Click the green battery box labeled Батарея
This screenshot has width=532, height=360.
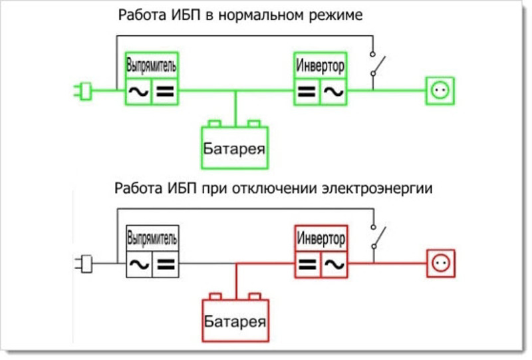click(x=235, y=146)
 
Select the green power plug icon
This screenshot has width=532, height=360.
click(x=82, y=91)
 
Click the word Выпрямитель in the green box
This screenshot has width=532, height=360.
click(x=153, y=67)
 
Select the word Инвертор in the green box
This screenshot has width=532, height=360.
click(x=321, y=67)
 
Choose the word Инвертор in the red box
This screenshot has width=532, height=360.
click(x=321, y=238)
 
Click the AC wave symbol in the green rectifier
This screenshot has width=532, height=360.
click(x=138, y=91)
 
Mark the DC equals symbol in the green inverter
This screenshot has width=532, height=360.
click(x=307, y=91)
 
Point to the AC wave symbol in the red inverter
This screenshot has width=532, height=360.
click(x=334, y=264)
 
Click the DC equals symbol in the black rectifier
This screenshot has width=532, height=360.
click(x=166, y=264)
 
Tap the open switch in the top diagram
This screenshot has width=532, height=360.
click(x=376, y=66)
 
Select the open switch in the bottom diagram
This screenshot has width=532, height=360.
click(x=376, y=238)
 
